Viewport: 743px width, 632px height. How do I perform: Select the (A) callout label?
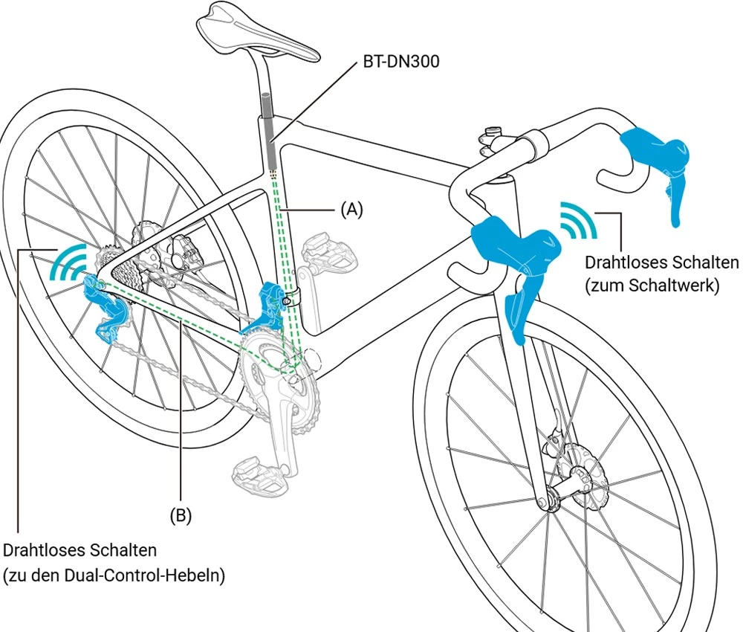[x=351, y=210]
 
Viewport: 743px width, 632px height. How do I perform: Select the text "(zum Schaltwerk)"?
[x=652, y=286]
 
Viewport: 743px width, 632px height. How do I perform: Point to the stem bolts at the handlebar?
[x=488, y=142]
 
